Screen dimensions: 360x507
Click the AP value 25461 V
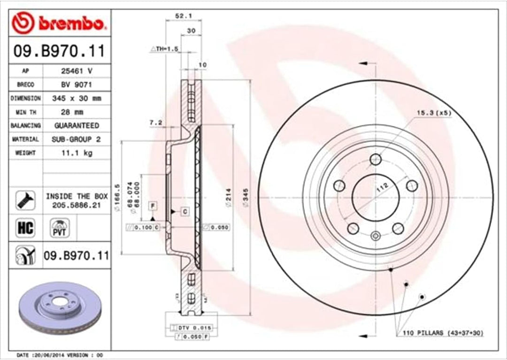[76, 71]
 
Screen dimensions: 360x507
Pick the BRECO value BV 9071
[76, 85]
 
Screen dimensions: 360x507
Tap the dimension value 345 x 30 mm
[76, 99]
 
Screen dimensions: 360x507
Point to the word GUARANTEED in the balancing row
[77, 126]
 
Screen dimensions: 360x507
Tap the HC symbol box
[25, 228]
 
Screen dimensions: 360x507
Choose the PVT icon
[60, 228]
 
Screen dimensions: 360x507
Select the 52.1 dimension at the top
[182, 15]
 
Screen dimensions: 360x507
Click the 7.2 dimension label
[155, 123]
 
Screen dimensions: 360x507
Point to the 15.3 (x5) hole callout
[433, 113]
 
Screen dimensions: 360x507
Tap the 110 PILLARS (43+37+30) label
[443, 333]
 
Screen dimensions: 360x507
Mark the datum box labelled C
[185, 212]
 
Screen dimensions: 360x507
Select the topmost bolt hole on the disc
[375, 160]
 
